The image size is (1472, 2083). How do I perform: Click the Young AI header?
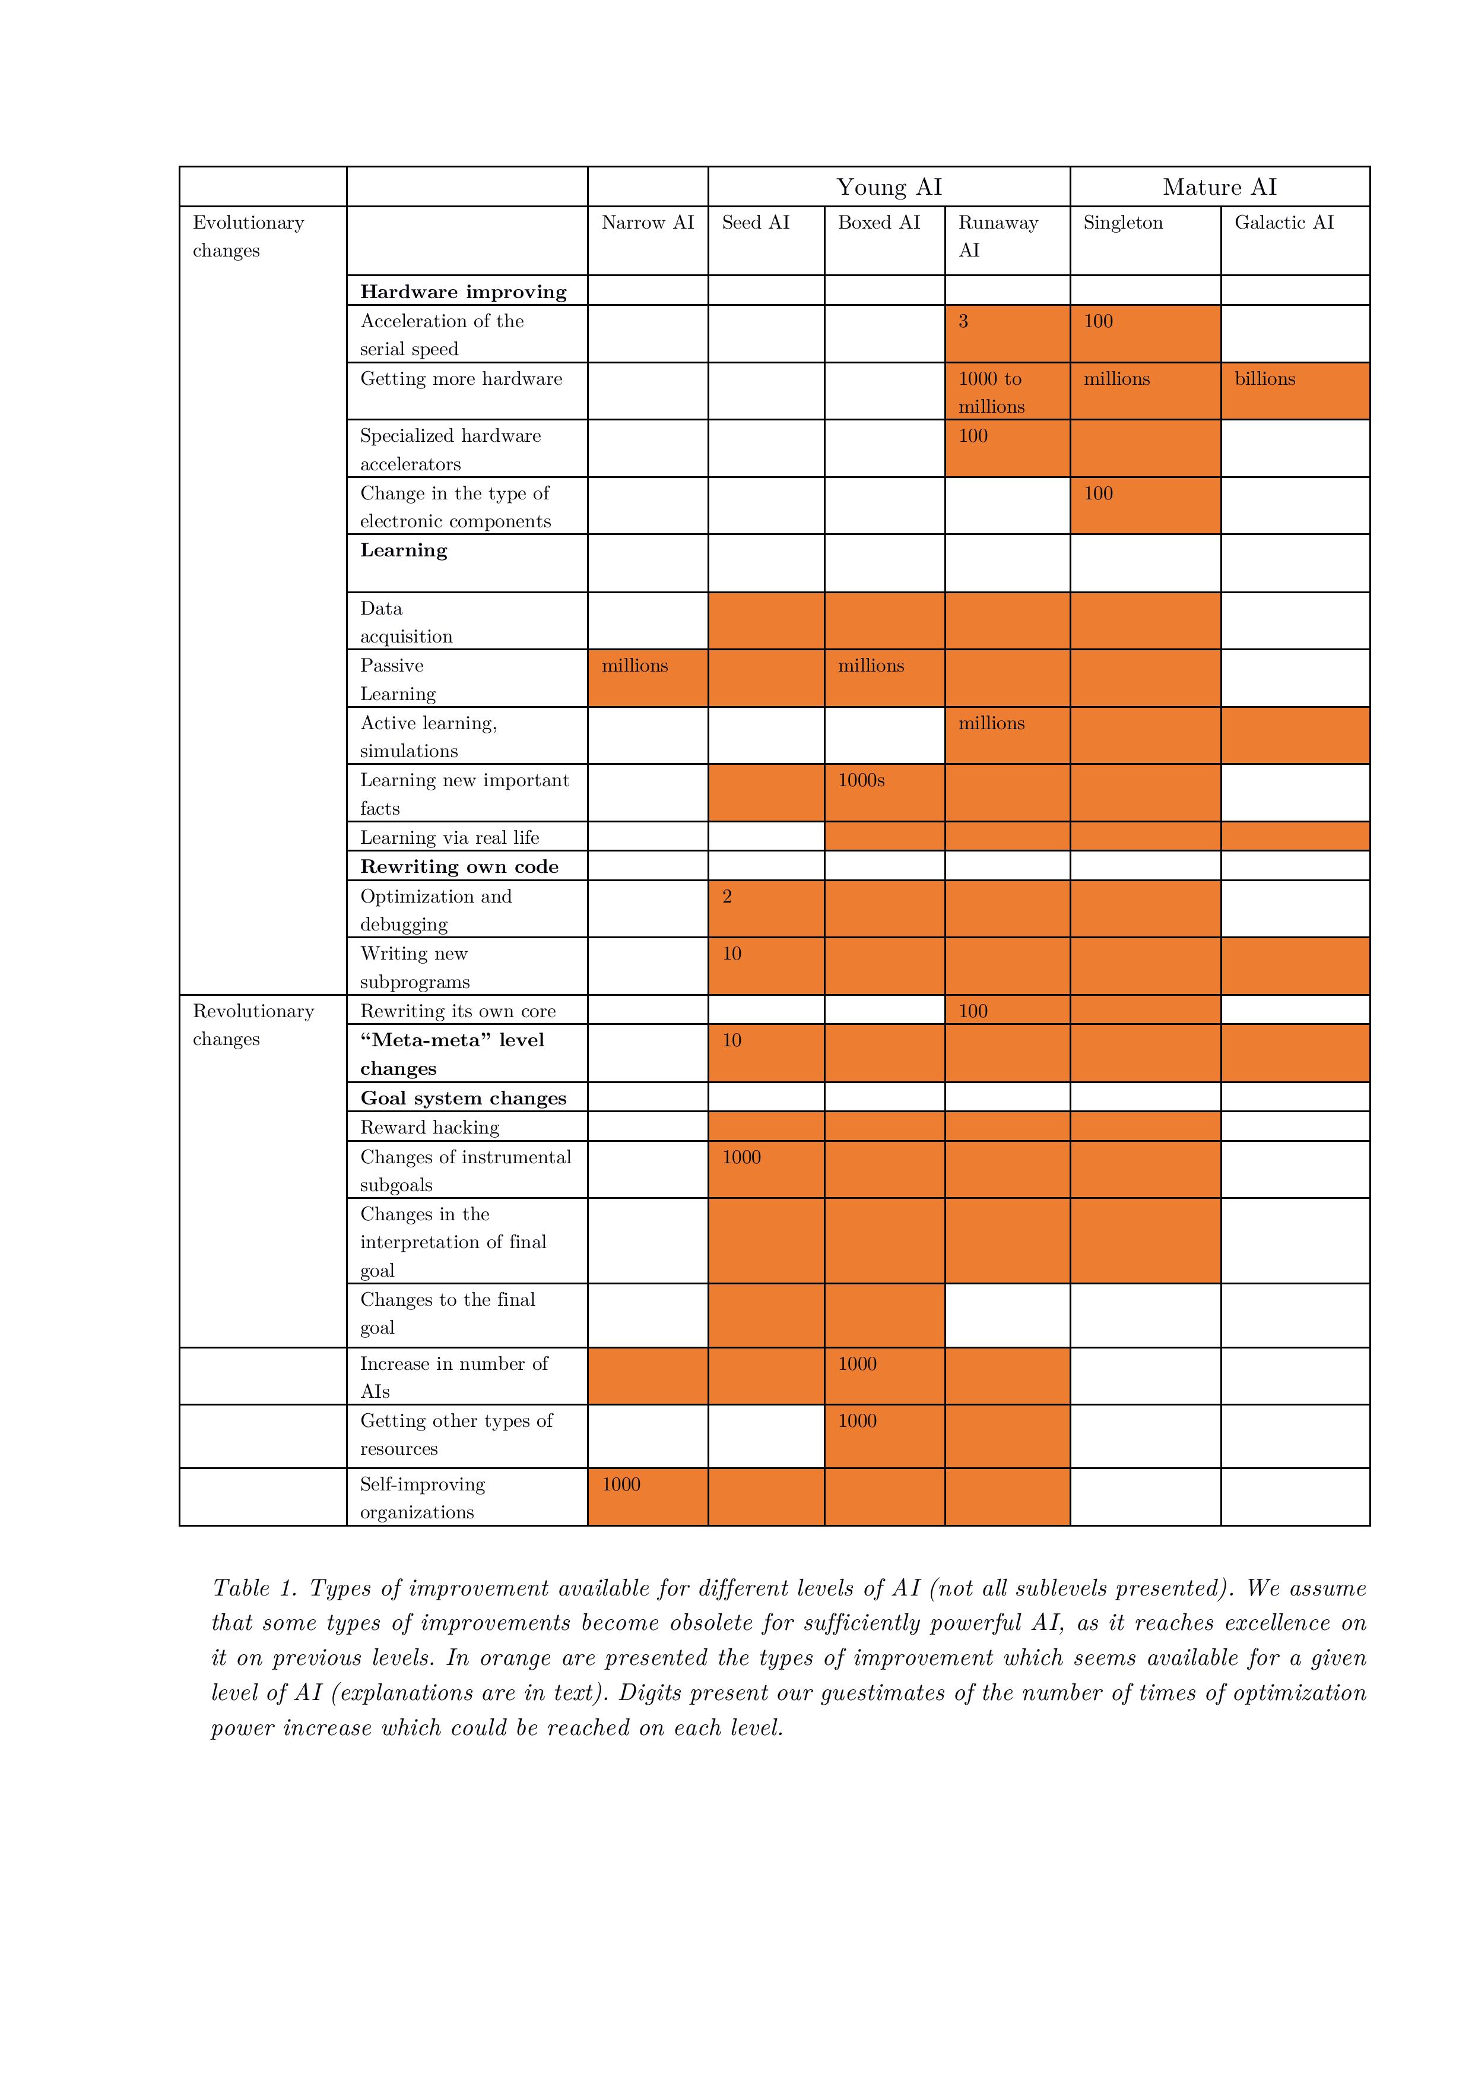click(889, 187)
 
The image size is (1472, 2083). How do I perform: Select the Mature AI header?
click(1219, 187)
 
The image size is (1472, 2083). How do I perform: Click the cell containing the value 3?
click(963, 322)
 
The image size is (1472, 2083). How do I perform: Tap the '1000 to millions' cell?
click(991, 393)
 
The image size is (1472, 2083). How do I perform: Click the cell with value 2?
click(727, 897)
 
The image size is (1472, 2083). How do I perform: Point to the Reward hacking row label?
click(430, 1128)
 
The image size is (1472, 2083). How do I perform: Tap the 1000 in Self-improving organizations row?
click(621, 1484)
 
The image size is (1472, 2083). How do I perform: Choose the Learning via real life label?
click(450, 837)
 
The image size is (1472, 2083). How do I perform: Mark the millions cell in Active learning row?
click(991, 724)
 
